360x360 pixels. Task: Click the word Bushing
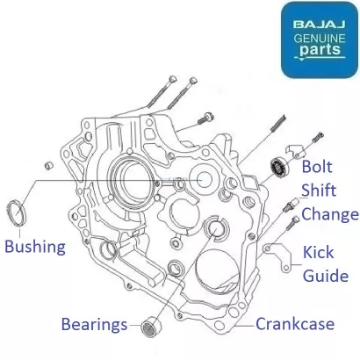pos(35,247)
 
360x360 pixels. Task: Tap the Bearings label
pos(94,325)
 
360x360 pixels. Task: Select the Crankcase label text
pos(295,324)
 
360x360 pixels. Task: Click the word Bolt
pos(317,167)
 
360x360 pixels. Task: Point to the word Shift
pos(319,191)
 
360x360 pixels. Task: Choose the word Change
pos(330,214)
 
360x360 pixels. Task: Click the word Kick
pos(318,252)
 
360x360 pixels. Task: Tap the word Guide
pos(326,276)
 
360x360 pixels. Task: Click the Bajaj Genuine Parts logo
pos(320,40)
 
